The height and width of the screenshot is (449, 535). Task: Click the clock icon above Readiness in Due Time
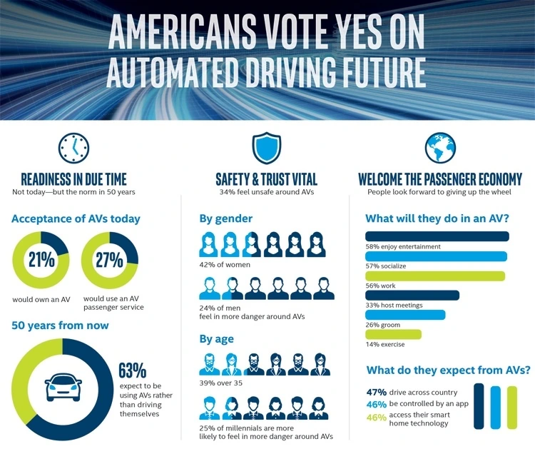pyautogui.click(x=74, y=148)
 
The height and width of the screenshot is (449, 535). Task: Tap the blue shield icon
pyautogui.click(x=267, y=148)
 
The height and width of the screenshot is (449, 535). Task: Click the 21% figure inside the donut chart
pyautogui.click(x=41, y=259)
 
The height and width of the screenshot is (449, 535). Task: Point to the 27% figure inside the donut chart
pyautogui.click(x=110, y=259)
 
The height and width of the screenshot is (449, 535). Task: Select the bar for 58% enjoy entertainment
pyautogui.click(x=437, y=236)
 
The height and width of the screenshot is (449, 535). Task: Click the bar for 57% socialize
pyautogui.click(x=436, y=256)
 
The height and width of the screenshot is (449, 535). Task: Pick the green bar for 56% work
pyautogui.click(x=434, y=276)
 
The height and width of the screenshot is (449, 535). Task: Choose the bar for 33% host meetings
pyautogui.click(x=412, y=295)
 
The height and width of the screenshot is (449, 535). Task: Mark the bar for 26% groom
pyautogui.click(x=404, y=315)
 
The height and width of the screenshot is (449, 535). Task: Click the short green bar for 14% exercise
pyautogui.click(x=393, y=334)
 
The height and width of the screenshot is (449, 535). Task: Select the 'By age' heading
pyautogui.click(x=217, y=338)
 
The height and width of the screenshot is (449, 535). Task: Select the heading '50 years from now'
pyautogui.click(x=60, y=326)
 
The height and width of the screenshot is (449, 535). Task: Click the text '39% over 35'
pyautogui.click(x=222, y=383)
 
